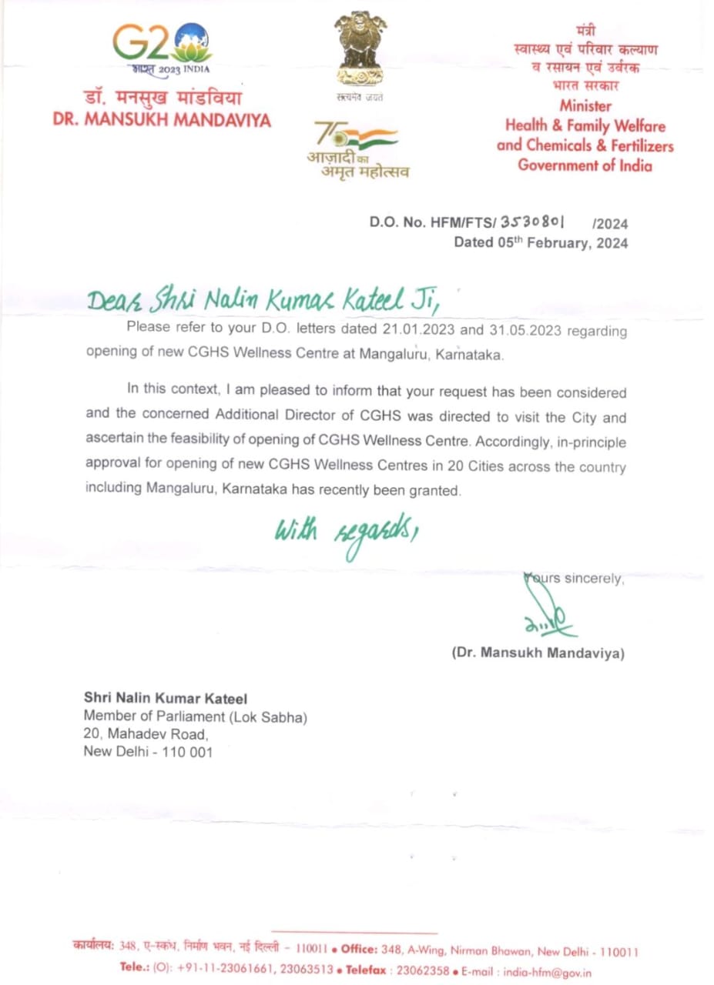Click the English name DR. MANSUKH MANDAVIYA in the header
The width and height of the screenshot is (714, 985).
(x=162, y=121)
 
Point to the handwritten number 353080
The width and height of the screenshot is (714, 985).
(x=534, y=222)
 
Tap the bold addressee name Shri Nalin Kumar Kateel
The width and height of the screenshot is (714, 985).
(x=165, y=699)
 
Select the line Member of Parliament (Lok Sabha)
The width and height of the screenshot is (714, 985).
(x=195, y=716)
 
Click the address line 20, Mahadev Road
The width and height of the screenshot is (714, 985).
(x=146, y=734)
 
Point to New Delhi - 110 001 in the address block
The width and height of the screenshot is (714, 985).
(x=147, y=752)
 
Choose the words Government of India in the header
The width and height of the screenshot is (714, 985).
(x=585, y=165)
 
